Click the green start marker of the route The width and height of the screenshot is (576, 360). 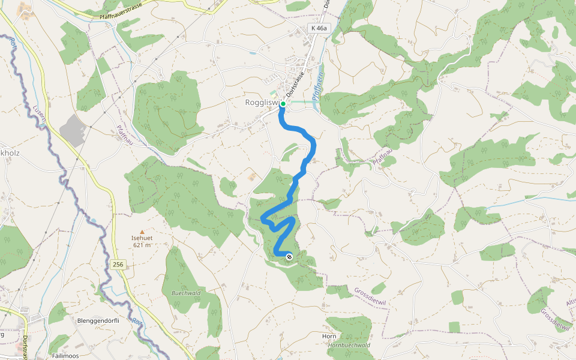coord(283,104)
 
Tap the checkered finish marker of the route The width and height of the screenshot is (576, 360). coord(289,257)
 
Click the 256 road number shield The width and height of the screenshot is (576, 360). coord(118,264)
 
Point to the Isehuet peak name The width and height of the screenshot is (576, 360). coord(142,238)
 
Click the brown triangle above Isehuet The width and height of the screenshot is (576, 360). coord(142,231)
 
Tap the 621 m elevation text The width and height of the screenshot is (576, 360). coord(142,245)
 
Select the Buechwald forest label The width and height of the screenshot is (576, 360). coord(185,293)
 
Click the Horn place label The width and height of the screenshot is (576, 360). coord(329,337)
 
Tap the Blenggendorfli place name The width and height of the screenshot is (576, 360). coord(99,320)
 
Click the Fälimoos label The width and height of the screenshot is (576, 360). coord(67,356)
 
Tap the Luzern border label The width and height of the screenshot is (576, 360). coord(40,115)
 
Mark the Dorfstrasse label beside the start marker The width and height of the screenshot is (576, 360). coord(295,85)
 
